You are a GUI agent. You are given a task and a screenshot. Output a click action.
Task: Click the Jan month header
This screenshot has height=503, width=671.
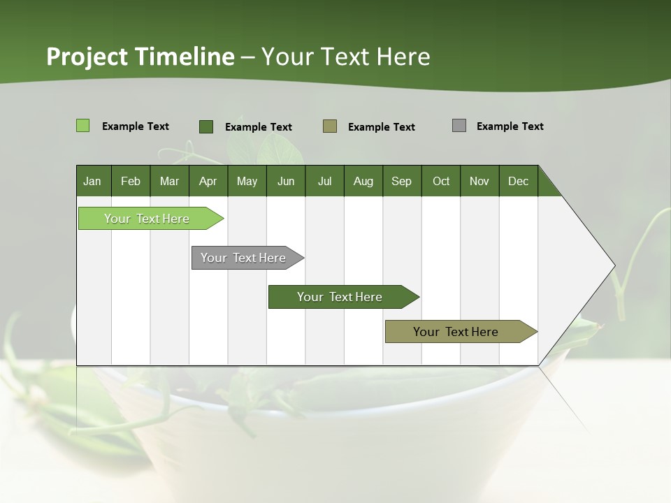pos(93,181)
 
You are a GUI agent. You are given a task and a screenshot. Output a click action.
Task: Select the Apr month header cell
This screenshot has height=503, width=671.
pos(208,181)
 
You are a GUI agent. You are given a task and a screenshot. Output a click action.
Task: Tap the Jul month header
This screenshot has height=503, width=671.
pos(325,181)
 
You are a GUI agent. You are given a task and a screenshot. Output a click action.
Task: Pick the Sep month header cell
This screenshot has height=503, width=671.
pos(402,181)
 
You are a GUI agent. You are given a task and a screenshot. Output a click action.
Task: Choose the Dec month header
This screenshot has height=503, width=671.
pos(518,181)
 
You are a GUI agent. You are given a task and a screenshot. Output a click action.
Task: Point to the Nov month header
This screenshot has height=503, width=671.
pos(479,181)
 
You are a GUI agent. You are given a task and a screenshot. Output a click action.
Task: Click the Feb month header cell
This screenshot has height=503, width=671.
pos(131,181)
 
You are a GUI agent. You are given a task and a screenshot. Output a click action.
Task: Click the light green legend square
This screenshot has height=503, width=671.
pos(82,126)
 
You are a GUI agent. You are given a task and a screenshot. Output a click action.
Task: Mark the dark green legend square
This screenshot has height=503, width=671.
pos(206,126)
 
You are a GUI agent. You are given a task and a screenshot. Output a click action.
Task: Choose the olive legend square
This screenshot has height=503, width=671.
pos(330,126)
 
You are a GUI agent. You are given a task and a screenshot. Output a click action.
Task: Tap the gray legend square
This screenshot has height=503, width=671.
pos(459,126)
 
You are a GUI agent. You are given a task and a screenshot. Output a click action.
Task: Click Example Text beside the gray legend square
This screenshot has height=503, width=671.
pos(510,126)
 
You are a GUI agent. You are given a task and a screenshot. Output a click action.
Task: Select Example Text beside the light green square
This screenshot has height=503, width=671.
pos(136,126)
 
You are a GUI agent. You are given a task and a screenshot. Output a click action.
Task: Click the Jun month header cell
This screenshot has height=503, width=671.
pos(286,181)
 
